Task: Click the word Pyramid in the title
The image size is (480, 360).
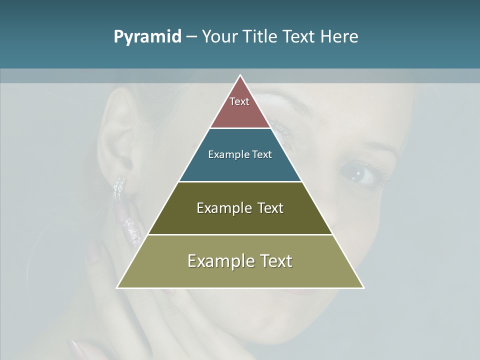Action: coord(147,37)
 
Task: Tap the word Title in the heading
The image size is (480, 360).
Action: coord(262,37)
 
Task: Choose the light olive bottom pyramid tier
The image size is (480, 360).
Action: coord(240,275)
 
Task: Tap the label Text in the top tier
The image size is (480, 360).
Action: coord(239,101)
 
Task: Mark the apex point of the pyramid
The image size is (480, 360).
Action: coord(240,75)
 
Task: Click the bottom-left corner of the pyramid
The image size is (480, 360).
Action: coord(117,287)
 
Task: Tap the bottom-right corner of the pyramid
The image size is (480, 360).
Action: coord(363,287)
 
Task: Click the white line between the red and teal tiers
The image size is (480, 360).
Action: coord(240,128)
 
